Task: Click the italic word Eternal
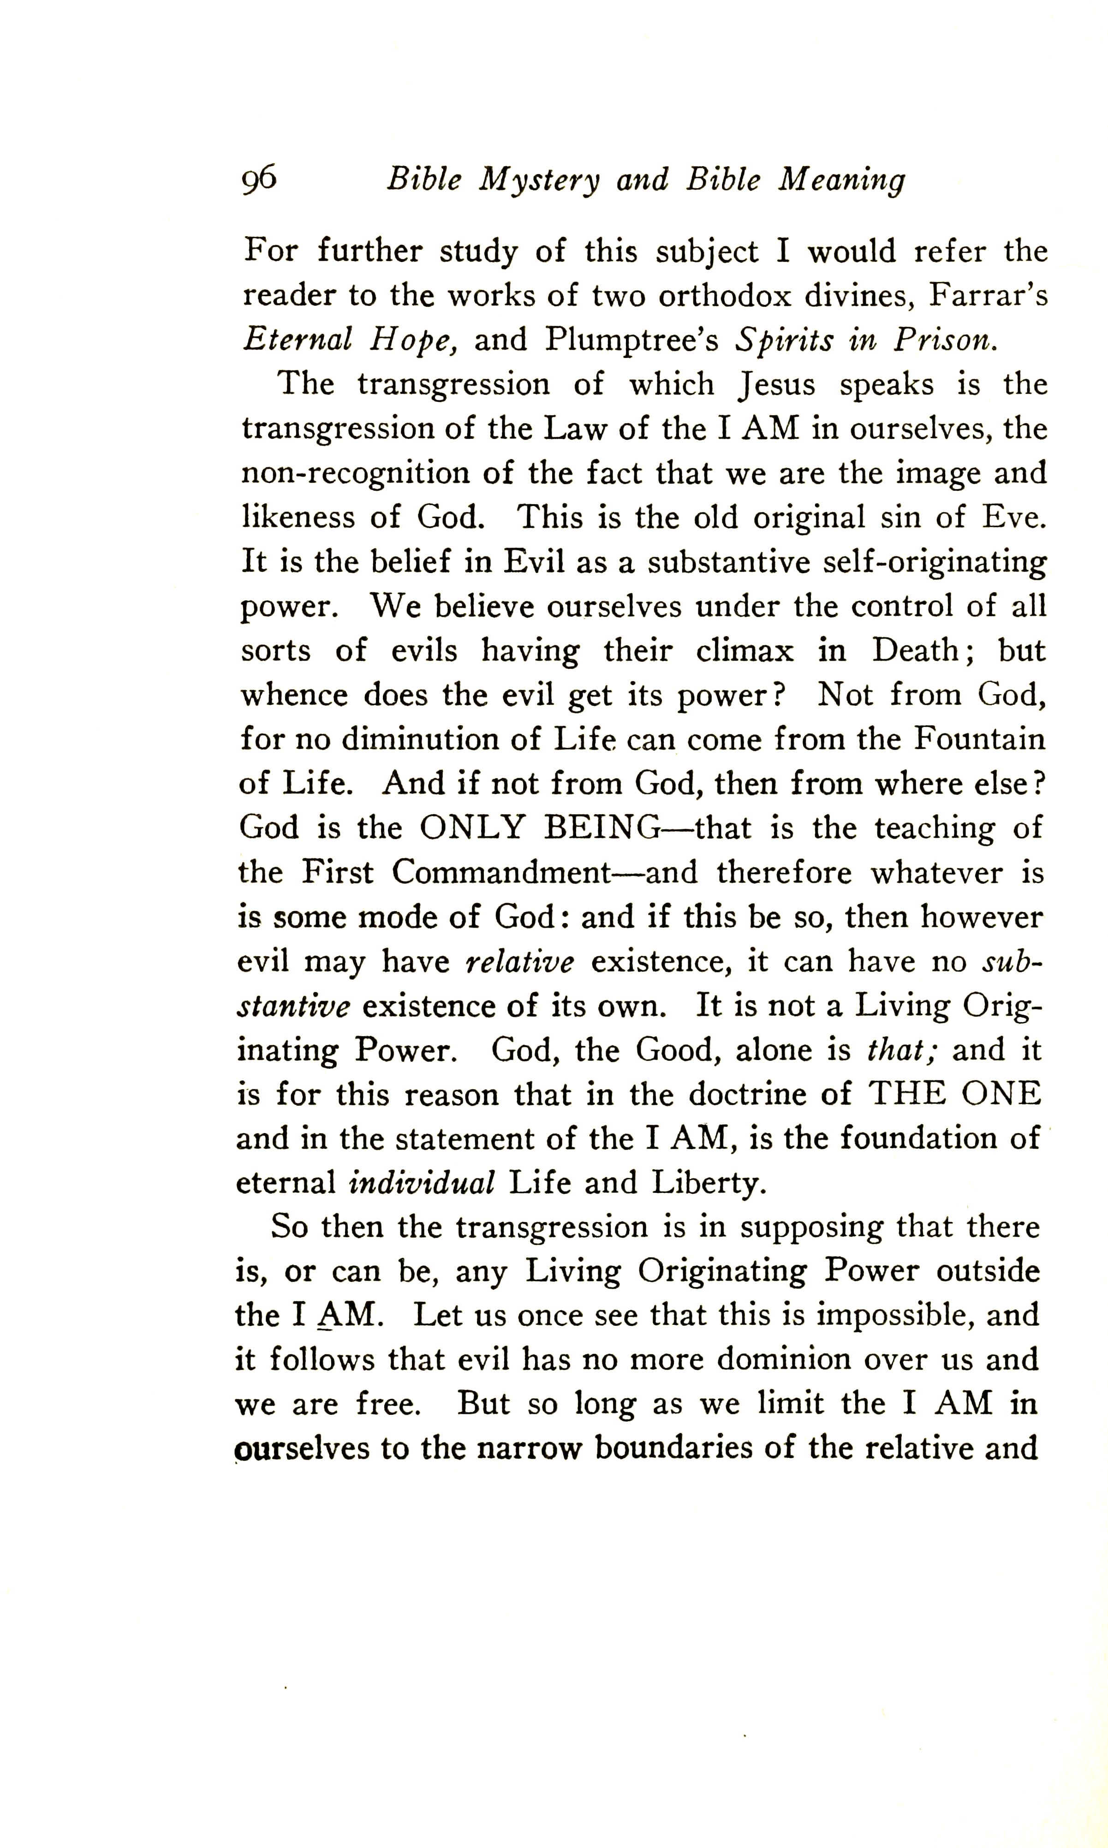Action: coord(297,340)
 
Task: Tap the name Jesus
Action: coord(776,385)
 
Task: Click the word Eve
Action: coord(1014,518)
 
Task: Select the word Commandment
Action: coord(502,873)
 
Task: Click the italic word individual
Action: coord(422,1183)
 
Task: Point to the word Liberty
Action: coord(709,1183)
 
